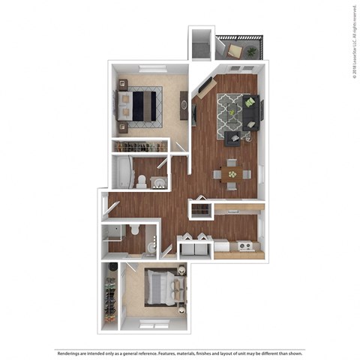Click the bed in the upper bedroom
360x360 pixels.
click(x=142, y=103)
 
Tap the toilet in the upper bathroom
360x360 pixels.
click(x=140, y=179)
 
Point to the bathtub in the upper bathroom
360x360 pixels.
click(x=121, y=172)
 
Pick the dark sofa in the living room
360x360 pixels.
click(x=253, y=112)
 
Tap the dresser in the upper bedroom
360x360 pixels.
click(x=184, y=103)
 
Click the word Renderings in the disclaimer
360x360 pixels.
click(x=69, y=352)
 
